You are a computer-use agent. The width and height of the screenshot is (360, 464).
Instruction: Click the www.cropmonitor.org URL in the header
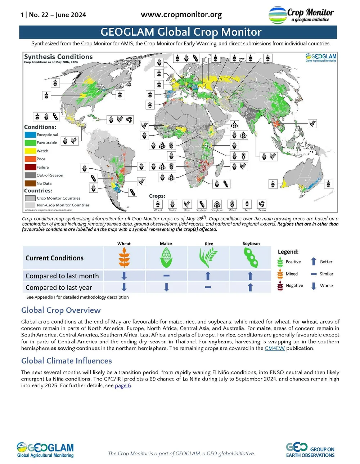(x=181, y=15)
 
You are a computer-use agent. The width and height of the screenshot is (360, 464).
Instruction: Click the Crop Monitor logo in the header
(x=301, y=15)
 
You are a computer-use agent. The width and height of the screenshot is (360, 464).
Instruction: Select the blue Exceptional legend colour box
(x=30, y=135)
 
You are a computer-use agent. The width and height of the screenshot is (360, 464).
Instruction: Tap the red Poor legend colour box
(x=30, y=159)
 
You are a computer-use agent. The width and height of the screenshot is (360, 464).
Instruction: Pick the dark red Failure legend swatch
(x=30, y=167)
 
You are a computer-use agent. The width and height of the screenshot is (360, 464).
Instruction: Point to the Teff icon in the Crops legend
(x=247, y=204)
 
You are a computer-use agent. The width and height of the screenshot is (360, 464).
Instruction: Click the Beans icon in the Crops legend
(x=262, y=204)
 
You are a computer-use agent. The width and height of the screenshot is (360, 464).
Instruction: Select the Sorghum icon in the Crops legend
(x=217, y=204)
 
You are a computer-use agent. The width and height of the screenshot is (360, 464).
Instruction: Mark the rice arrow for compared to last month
(x=208, y=276)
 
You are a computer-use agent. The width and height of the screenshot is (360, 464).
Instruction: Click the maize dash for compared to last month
(x=166, y=276)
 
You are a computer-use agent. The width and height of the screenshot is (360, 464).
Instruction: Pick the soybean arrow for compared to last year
(x=250, y=287)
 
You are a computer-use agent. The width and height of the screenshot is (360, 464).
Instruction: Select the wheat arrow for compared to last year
(x=124, y=287)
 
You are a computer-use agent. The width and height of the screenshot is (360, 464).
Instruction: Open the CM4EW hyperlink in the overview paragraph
(x=275, y=348)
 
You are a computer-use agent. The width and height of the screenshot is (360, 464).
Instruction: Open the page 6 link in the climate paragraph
(x=123, y=385)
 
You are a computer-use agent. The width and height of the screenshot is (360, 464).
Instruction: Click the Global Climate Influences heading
(x=67, y=361)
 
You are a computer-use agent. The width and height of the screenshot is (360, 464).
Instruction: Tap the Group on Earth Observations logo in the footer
(x=310, y=450)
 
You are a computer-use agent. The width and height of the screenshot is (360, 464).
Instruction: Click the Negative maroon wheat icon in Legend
(x=280, y=286)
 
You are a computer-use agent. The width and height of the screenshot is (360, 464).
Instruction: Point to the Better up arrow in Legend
(x=314, y=262)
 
